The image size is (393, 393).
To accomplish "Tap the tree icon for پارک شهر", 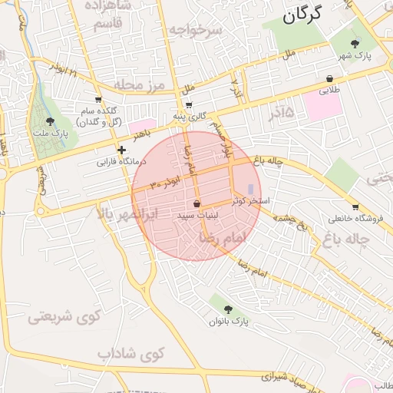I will [x=354, y=44].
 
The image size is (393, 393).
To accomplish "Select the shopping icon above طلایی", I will [x=329, y=78].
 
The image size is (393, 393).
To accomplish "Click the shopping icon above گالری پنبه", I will [x=189, y=106].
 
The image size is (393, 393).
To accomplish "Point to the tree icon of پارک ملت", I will [x=51, y=121].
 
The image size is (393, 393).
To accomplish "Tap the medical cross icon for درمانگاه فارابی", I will [x=121, y=150].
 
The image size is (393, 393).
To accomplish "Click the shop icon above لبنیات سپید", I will [x=197, y=204].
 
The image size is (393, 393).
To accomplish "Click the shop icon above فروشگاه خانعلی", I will [x=355, y=206].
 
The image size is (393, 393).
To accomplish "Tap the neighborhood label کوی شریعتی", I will [x=53, y=316].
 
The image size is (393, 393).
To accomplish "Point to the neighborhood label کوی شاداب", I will [x=131, y=354].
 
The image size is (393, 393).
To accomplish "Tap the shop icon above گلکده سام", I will [x=97, y=99].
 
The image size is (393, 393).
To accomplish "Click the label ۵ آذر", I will [x=281, y=113].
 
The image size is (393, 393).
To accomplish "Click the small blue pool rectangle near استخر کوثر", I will [x=256, y=189].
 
